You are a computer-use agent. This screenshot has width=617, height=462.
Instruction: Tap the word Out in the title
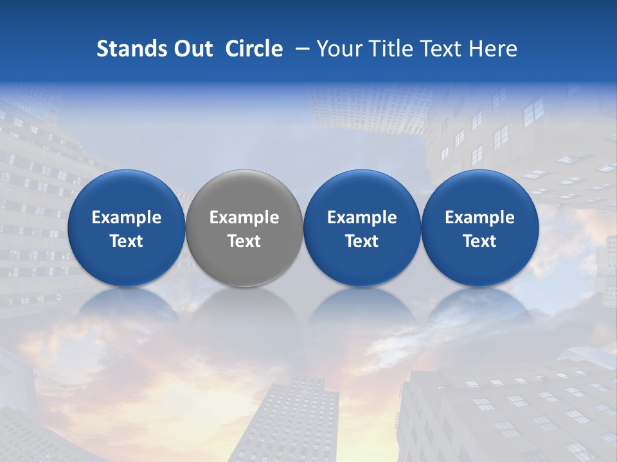pyautogui.click(x=192, y=49)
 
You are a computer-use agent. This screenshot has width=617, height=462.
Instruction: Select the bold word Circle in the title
pyautogui.click(x=254, y=49)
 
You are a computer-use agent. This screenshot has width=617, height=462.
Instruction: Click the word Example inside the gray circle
pyautogui.click(x=244, y=218)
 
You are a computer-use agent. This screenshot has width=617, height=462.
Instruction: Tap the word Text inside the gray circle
pyautogui.click(x=244, y=241)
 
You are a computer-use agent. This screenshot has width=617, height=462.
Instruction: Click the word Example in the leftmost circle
pyautogui.click(x=126, y=218)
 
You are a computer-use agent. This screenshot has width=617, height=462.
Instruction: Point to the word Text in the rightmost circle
pyautogui.click(x=479, y=241)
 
